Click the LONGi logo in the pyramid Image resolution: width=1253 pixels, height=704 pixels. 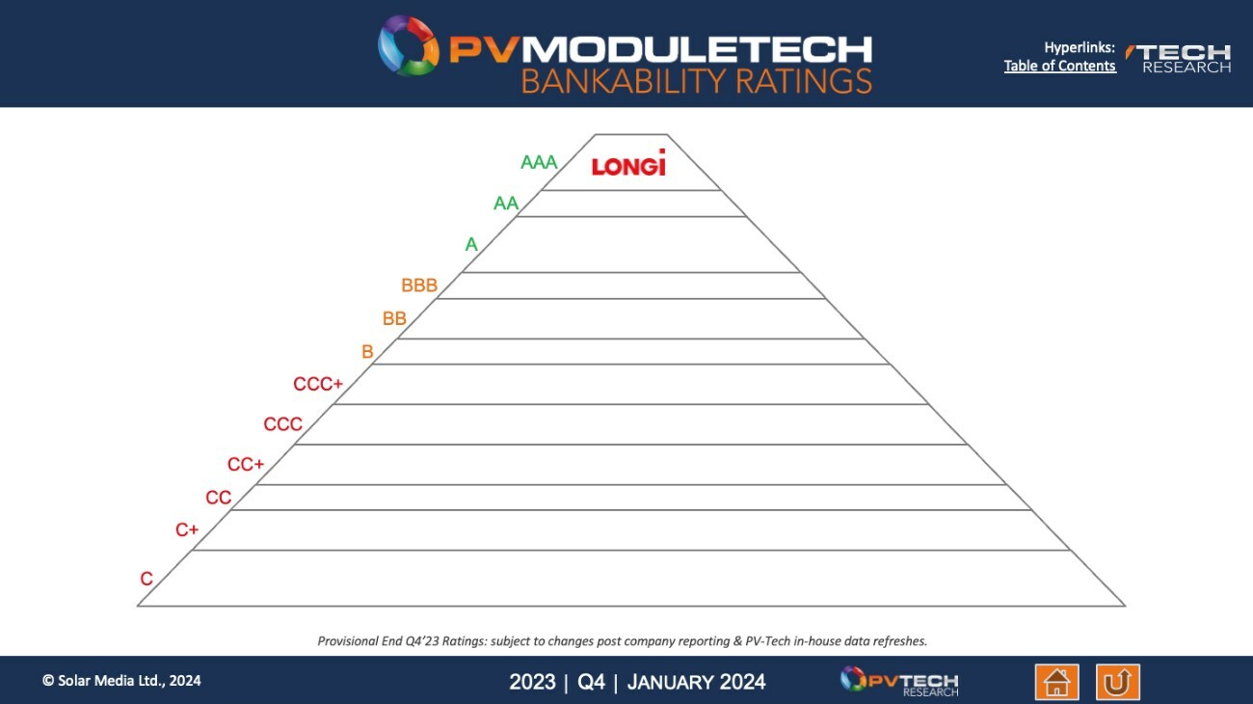(x=628, y=164)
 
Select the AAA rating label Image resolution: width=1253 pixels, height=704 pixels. (x=539, y=162)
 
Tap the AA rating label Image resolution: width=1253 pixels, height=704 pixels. (x=506, y=203)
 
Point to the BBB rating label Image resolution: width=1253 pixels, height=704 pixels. (x=419, y=285)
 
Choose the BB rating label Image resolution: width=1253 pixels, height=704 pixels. (x=394, y=318)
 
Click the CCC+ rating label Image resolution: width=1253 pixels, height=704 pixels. (x=318, y=384)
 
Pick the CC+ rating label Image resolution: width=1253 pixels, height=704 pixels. (x=246, y=465)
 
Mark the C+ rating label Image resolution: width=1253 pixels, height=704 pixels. (x=187, y=529)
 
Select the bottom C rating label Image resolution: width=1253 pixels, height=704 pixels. (x=147, y=580)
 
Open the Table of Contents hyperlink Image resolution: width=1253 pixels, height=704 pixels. (x=1059, y=66)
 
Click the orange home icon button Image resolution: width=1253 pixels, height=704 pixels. (x=1056, y=682)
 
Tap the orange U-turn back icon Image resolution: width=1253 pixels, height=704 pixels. (x=1117, y=682)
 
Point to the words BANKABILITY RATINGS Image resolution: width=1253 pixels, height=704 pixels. (x=696, y=81)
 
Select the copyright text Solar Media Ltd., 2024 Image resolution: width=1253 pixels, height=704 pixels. (x=121, y=680)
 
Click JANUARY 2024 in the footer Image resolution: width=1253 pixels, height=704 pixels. (x=696, y=682)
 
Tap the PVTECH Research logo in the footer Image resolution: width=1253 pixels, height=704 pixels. (x=899, y=681)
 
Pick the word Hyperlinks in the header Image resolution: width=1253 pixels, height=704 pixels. (x=1079, y=47)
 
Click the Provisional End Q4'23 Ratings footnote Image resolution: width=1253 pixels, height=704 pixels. (x=622, y=640)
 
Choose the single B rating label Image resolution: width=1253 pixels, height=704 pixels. (x=367, y=352)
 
